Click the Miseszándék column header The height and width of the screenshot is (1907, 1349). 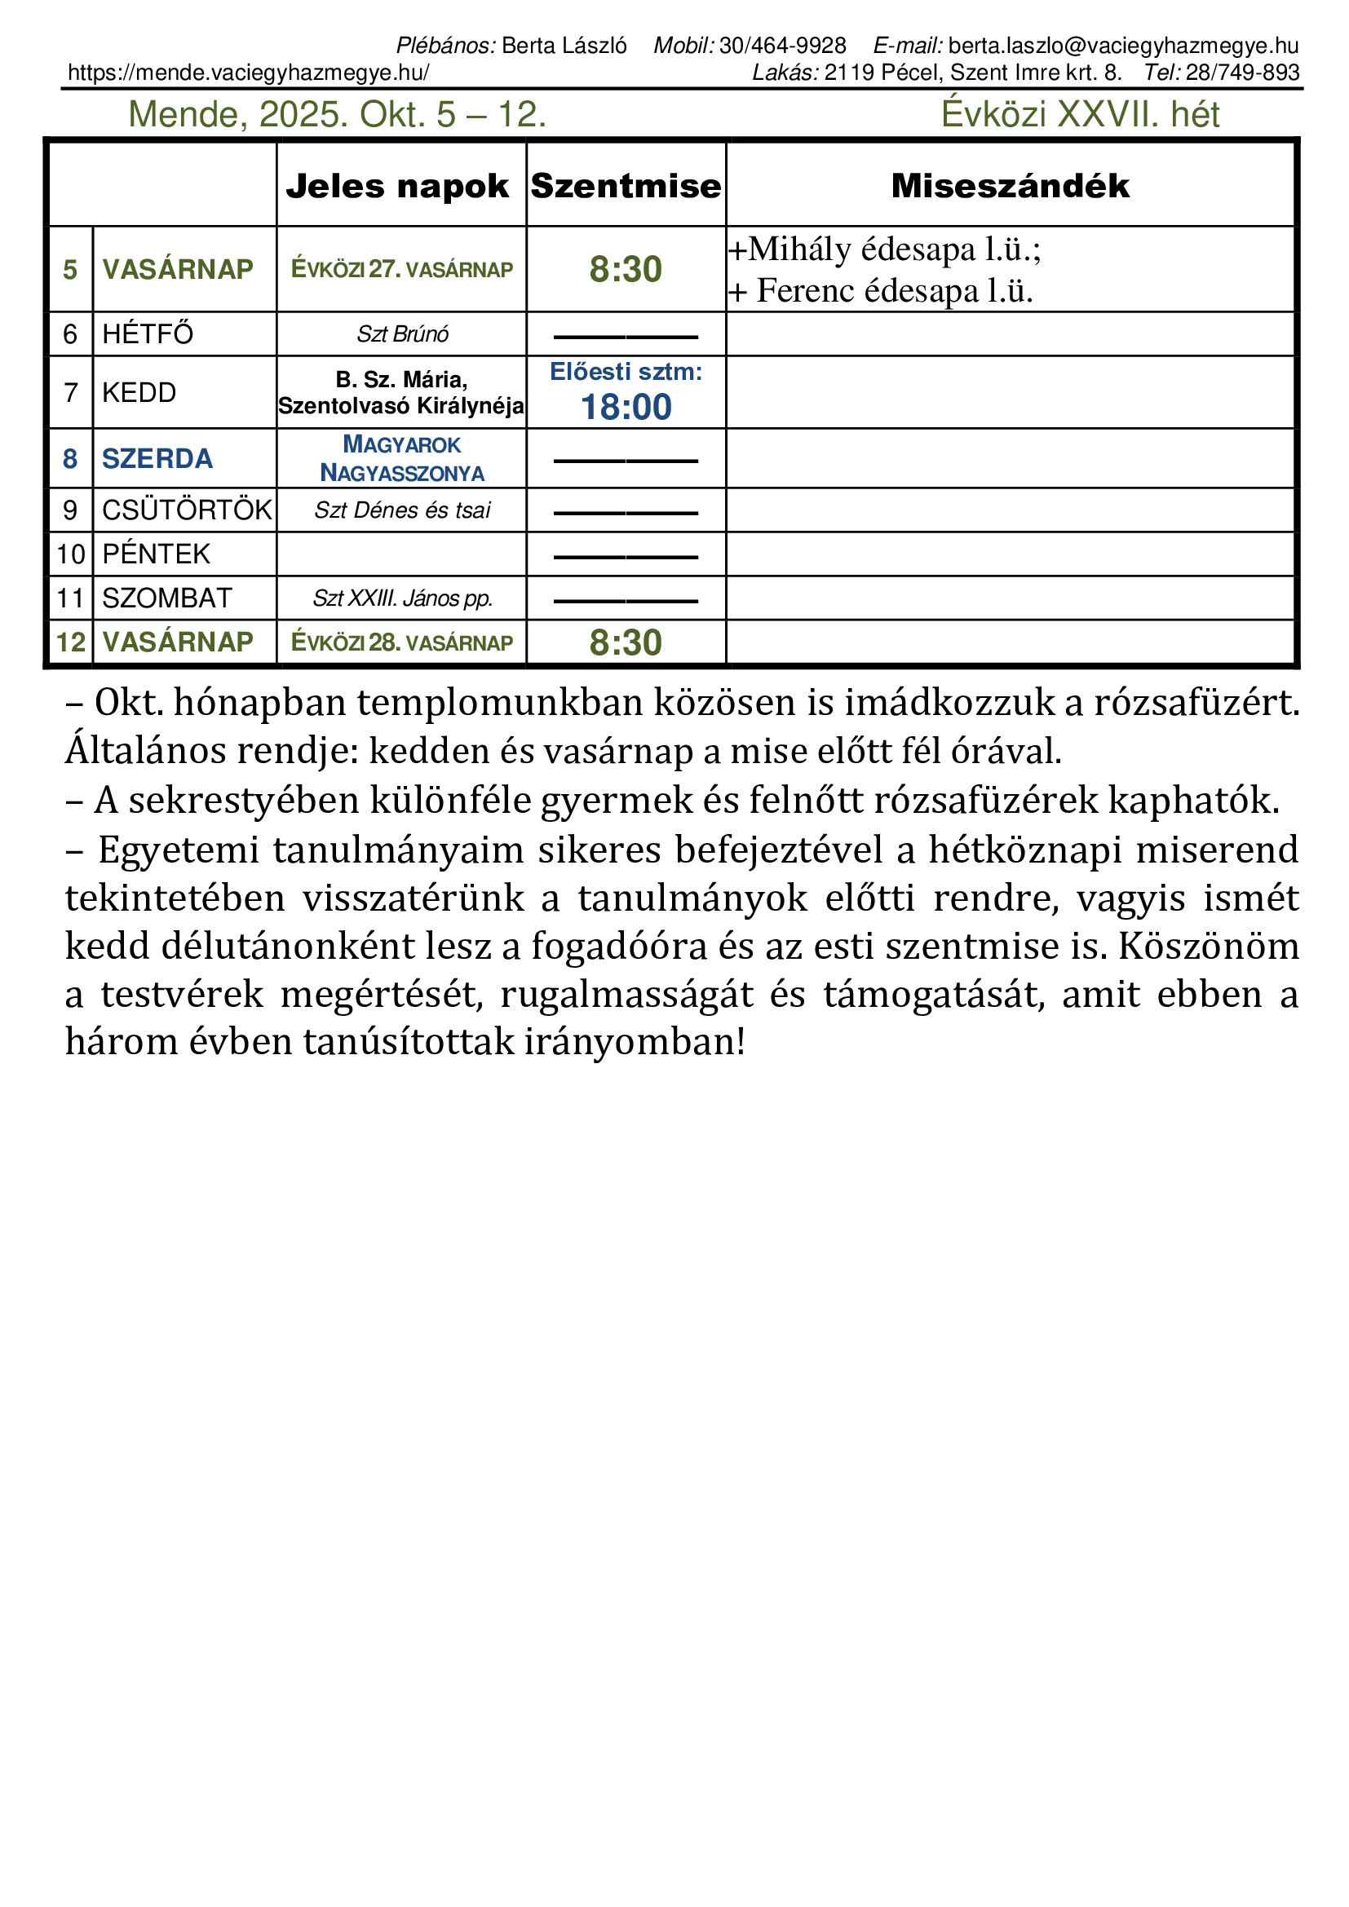(1009, 186)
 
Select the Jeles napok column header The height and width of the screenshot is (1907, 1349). (397, 186)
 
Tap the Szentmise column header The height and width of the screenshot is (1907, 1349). (626, 186)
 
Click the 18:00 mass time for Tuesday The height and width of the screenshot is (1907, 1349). (626, 407)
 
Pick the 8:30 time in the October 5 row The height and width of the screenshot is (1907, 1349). (626, 269)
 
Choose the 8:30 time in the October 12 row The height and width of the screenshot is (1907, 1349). (626, 642)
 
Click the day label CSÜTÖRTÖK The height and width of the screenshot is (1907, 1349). (186, 510)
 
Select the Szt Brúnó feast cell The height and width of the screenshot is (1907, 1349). (402, 334)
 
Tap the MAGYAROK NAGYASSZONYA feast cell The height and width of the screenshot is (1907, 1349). (402, 458)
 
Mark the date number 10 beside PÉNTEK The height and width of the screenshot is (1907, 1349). (71, 554)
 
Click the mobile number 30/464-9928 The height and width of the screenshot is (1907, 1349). (782, 46)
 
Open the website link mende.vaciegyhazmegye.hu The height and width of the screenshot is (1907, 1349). (249, 73)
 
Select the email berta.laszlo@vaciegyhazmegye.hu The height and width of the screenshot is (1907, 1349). (1123, 46)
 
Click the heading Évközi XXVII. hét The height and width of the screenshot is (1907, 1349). (1080, 115)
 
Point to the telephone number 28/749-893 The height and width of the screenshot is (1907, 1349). (1242, 73)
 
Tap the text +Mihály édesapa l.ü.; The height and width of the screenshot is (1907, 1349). (885, 249)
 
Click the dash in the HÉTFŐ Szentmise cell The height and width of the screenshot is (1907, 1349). (626, 337)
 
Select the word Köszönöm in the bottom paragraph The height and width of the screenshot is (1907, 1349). (1209, 946)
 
